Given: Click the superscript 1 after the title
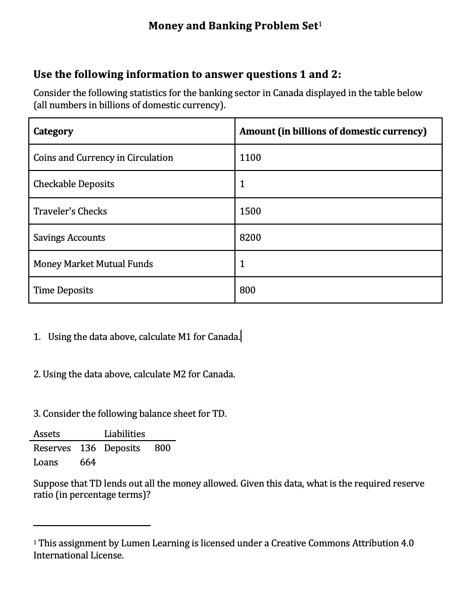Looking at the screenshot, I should coord(319,23).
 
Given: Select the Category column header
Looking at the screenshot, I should coord(53,132).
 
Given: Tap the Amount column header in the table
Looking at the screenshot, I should coord(333,132).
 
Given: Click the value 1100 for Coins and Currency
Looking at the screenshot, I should coord(250,158).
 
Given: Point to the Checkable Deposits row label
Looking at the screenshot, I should coord(74,184).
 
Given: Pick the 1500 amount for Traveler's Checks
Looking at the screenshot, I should coord(250,211).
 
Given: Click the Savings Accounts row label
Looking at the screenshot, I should coord(69,238).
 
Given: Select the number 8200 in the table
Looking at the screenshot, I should coord(250,238).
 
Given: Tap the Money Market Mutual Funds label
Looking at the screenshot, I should coord(93,264).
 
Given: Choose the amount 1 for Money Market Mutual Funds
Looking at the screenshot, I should coord(243,264).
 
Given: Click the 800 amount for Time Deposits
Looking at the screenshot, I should coord(248,290).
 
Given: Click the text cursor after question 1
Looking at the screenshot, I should coord(242,336).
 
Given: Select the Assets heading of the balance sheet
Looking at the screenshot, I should coord(46,434).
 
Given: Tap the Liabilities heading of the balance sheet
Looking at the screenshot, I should coord(124,434).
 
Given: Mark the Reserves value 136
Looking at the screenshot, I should coord(88,448).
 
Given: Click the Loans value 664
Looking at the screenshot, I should coord(88,462).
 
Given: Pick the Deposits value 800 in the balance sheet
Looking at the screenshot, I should coord(162,448).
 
